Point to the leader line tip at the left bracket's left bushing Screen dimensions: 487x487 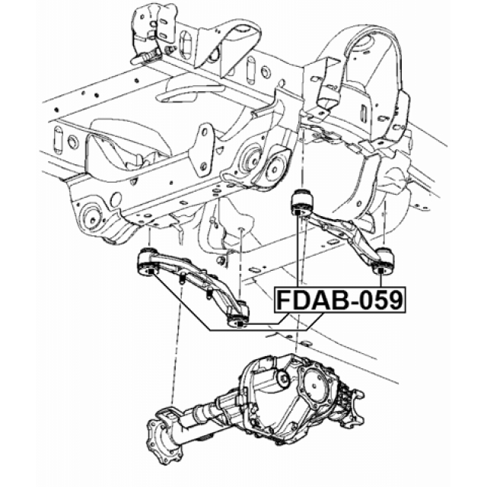(x=151, y=269)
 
